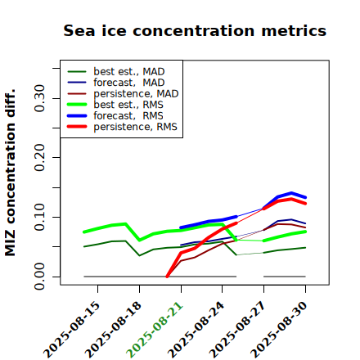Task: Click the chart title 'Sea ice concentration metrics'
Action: [195, 30]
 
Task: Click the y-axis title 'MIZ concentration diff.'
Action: [10, 173]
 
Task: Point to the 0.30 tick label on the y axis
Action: [39, 98]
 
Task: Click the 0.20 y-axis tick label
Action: [39, 157]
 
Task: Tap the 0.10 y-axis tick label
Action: [39, 217]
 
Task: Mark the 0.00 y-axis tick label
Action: [39, 277]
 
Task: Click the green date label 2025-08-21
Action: [155, 330]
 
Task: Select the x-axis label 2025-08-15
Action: [72, 330]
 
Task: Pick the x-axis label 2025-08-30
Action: [279, 330]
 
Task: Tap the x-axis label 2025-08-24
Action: [196, 330]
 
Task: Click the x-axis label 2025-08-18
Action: [113, 330]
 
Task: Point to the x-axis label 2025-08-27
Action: [238, 330]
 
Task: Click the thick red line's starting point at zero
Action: [167, 277]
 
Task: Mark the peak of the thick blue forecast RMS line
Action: [291, 193]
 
